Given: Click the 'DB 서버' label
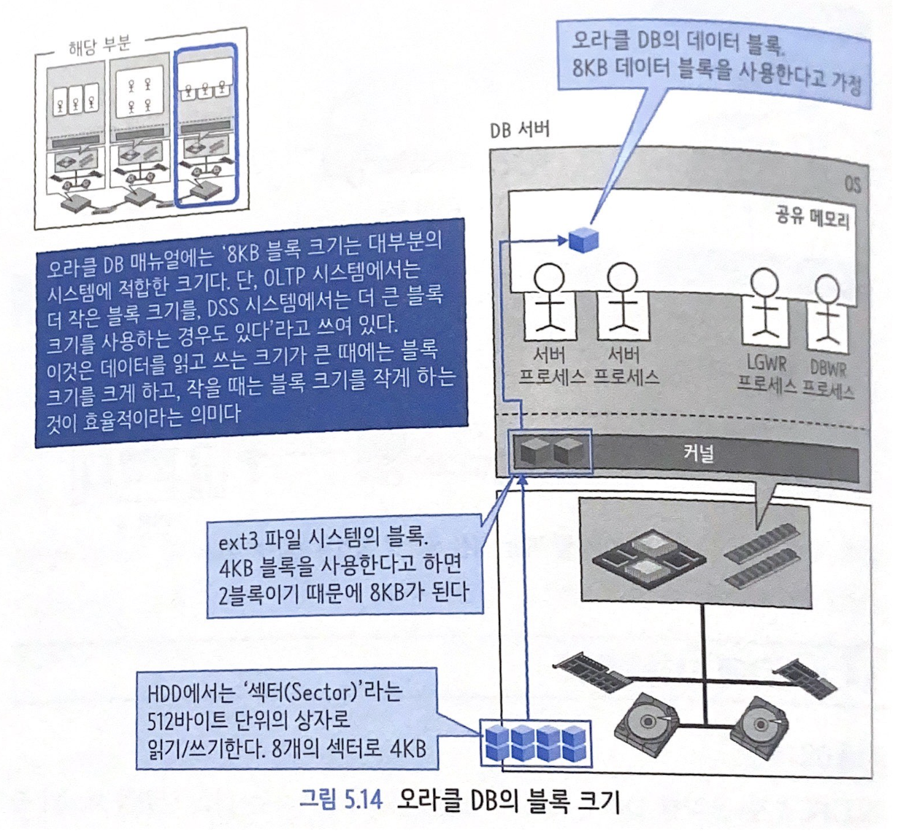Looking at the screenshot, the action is [x=519, y=131].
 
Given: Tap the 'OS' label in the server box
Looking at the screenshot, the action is [x=851, y=184].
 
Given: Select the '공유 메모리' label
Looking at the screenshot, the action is [x=812, y=216].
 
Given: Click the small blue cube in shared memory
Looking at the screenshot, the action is [x=583, y=239].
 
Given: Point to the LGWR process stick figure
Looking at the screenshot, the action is [x=764, y=307].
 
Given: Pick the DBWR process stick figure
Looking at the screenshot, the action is [x=828, y=310].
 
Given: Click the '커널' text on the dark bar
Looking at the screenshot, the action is [x=699, y=453].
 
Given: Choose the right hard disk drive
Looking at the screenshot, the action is [x=759, y=724].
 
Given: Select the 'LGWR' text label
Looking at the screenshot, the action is [x=765, y=363].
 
